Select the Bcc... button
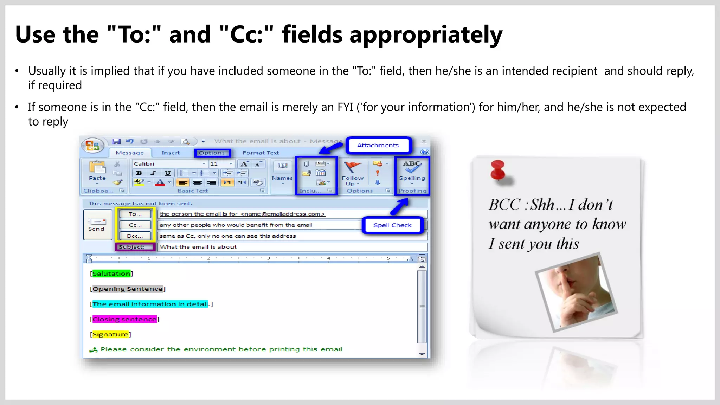(x=135, y=236)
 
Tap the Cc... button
(x=135, y=225)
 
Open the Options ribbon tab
(x=212, y=153)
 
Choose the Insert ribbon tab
(x=171, y=153)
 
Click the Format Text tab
(x=261, y=153)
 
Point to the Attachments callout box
(x=378, y=145)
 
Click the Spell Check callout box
(x=392, y=225)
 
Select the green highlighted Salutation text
(x=111, y=274)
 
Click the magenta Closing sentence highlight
(x=124, y=319)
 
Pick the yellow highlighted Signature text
(x=110, y=334)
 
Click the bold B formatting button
(x=139, y=173)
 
